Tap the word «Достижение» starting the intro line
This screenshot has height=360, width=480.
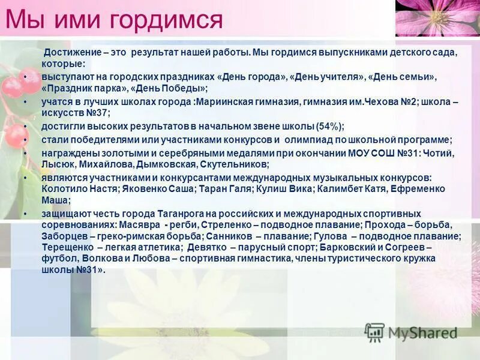[70, 53]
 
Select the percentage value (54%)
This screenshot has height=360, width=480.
[329, 126]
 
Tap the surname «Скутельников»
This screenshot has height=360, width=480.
[234, 164]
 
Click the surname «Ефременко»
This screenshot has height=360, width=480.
[418, 189]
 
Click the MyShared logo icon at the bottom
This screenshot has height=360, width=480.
[375, 332]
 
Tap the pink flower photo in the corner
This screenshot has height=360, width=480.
[437, 17]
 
